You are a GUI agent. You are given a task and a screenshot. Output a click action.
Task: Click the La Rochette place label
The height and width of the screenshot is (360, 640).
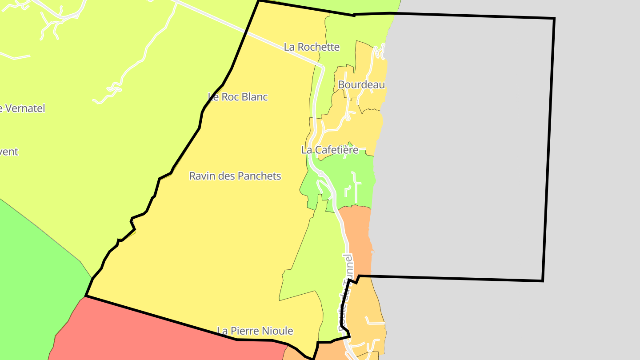[x=312, y=47]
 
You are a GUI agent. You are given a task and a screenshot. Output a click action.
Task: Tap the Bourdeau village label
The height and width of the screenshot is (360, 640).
[x=361, y=84]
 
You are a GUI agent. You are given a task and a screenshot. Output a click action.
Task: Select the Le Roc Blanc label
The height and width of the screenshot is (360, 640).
[x=238, y=97]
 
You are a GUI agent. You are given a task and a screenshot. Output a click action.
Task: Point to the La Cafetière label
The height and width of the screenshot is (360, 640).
[x=330, y=150]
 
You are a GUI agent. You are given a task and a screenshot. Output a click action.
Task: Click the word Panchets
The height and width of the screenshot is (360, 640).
[x=259, y=176]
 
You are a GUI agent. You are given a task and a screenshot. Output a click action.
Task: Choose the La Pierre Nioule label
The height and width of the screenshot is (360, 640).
[x=255, y=331]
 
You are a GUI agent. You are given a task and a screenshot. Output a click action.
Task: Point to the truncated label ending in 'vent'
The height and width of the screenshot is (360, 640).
[x=9, y=152]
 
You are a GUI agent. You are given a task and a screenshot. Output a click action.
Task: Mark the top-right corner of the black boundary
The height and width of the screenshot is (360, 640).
[x=554, y=19]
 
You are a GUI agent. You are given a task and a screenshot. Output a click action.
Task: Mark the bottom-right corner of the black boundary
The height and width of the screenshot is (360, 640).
[x=543, y=280]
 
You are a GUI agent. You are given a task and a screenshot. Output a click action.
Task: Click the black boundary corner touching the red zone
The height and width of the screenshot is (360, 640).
[x=86, y=296]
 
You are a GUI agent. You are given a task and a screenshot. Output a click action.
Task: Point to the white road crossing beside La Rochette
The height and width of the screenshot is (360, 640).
[x=267, y=40]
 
